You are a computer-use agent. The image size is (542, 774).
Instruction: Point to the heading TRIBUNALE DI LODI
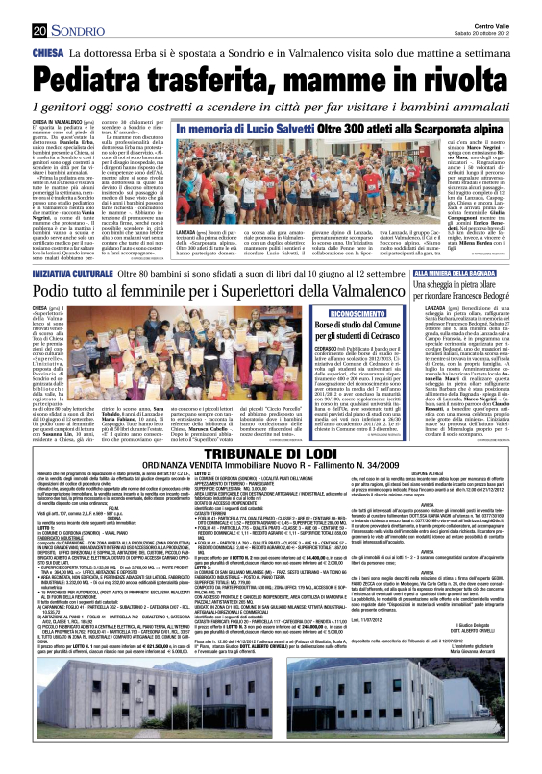(271, 483)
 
